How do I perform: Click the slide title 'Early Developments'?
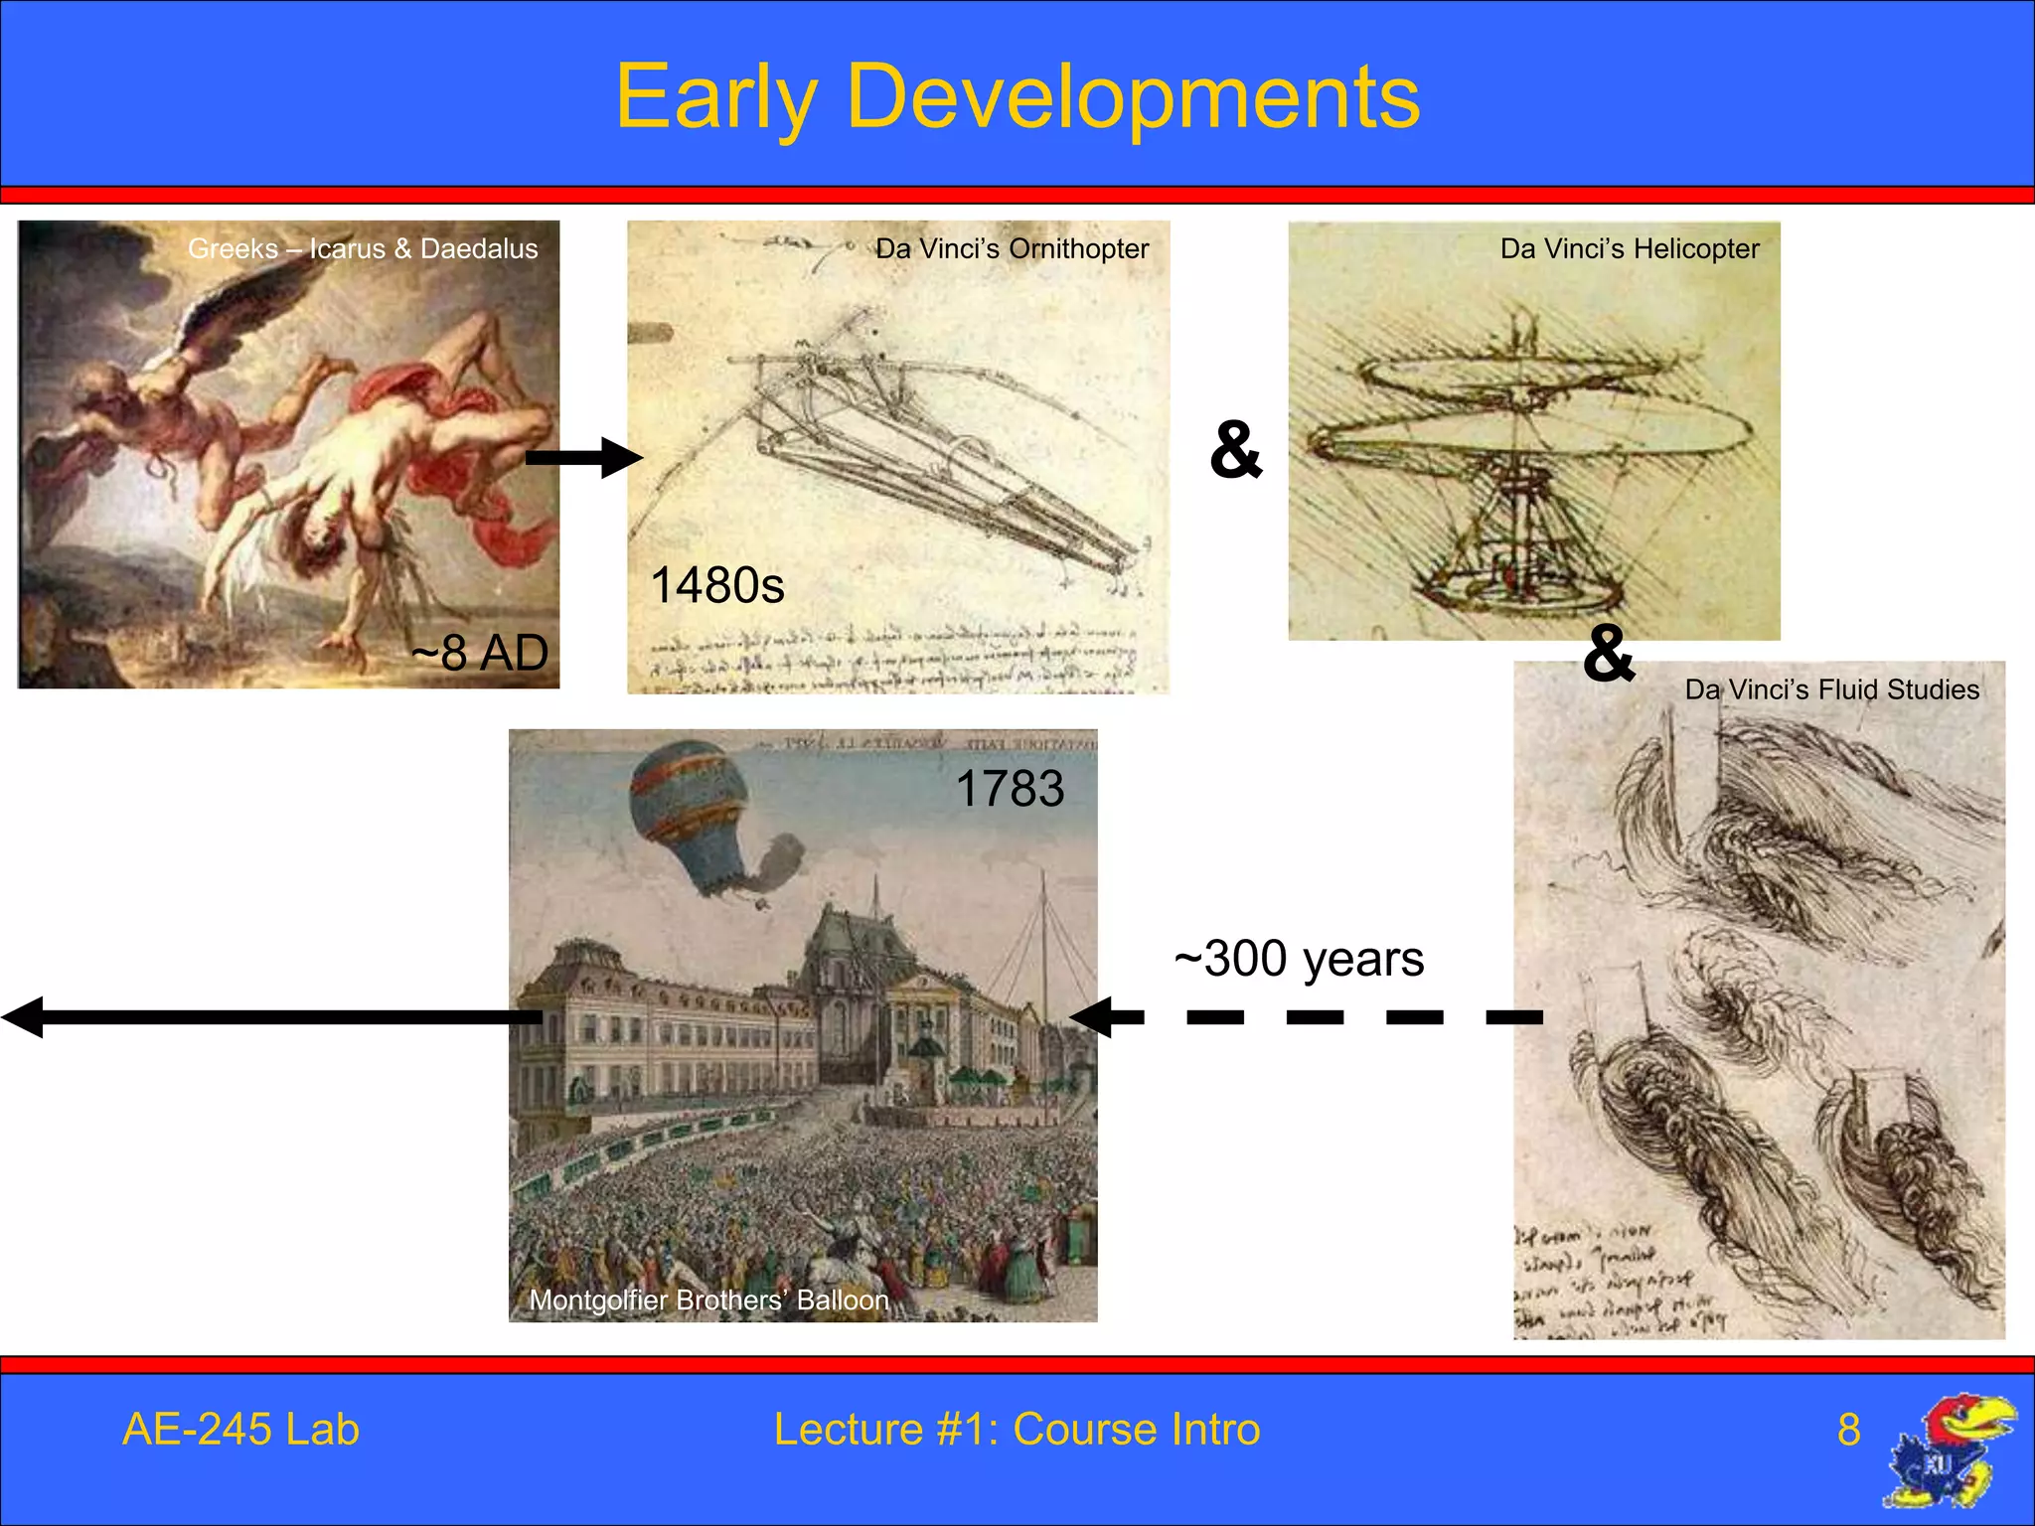click(1017, 97)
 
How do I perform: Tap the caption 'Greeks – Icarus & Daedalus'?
click(363, 248)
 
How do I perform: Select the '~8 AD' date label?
click(480, 653)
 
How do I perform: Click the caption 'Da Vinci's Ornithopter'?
click(1012, 248)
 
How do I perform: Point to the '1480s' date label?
click(716, 585)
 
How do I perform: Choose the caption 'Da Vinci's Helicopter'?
click(1630, 248)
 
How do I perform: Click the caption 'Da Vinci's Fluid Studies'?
click(1831, 689)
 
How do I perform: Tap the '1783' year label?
click(1010, 789)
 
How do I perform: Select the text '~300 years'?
click(1299, 959)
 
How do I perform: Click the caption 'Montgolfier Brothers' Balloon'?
click(708, 1299)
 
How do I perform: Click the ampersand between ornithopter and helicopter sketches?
click(1236, 450)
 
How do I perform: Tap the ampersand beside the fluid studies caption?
click(1609, 653)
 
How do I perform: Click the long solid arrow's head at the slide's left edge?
click(24, 1017)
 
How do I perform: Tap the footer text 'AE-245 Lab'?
click(240, 1430)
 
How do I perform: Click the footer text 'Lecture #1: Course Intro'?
click(1017, 1430)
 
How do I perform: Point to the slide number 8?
click(1848, 1430)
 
